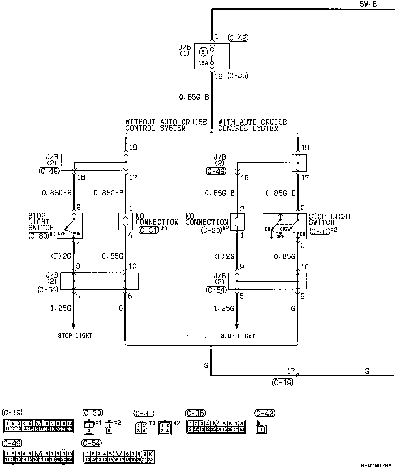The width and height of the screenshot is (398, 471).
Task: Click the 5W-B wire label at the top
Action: point(368,4)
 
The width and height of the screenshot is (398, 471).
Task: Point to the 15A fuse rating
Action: point(203,63)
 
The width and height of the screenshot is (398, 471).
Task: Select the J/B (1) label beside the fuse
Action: point(185,50)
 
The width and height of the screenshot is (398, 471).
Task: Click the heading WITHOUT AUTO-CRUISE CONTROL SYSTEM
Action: point(166,125)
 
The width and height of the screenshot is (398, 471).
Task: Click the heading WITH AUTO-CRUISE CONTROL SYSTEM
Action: point(252,125)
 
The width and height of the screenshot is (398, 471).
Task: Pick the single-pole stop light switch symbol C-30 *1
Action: point(70,226)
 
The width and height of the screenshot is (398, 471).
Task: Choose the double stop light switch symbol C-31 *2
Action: point(285,226)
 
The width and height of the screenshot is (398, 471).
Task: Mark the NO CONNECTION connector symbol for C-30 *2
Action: point(237,222)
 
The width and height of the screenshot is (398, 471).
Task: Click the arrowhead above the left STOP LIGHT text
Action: point(74,326)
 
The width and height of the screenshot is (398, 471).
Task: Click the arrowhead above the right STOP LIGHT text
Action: point(237,326)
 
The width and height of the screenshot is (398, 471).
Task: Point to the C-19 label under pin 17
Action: point(283,383)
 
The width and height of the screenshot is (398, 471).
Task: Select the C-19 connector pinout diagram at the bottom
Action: point(38,426)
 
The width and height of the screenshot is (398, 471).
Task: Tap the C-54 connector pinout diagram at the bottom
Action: point(119,457)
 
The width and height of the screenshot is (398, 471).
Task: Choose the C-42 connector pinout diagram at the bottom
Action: point(261,427)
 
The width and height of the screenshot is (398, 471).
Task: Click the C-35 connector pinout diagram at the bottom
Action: point(216,426)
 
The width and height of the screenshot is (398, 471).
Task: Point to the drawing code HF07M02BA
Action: point(376,466)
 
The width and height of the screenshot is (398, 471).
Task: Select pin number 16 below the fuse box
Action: point(219,76)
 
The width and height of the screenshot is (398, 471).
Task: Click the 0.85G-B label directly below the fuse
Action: point(194,97)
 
